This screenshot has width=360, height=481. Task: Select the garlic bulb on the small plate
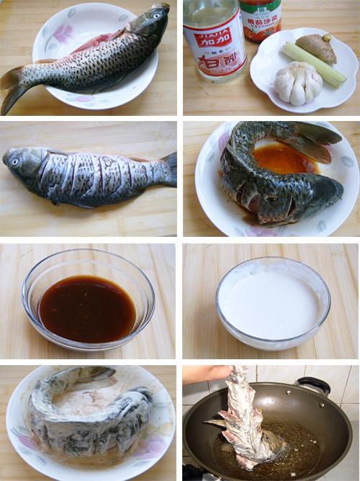coord(298,82)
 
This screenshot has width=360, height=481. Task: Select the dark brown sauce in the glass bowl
coord(87,308)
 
